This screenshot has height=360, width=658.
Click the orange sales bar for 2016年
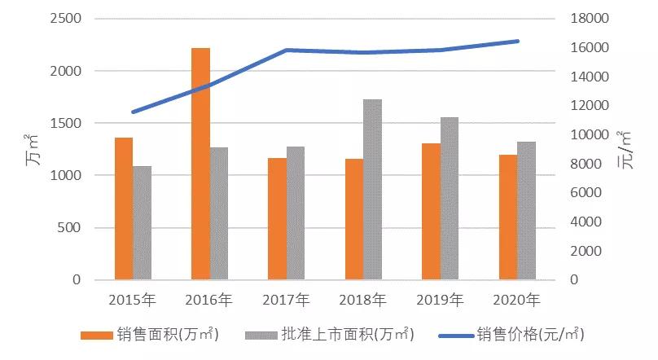pos(200,164)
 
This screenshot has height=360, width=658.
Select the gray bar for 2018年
pos(372,190)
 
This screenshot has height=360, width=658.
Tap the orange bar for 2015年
pos(124,209)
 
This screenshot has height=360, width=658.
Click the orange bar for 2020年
pos(508,217)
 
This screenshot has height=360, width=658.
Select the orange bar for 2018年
pos(353,219)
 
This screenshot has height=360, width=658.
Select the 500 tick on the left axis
pos(71,227)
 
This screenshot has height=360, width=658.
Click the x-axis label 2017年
pos(286,300)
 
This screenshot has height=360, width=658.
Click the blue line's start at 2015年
pos(133,112)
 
